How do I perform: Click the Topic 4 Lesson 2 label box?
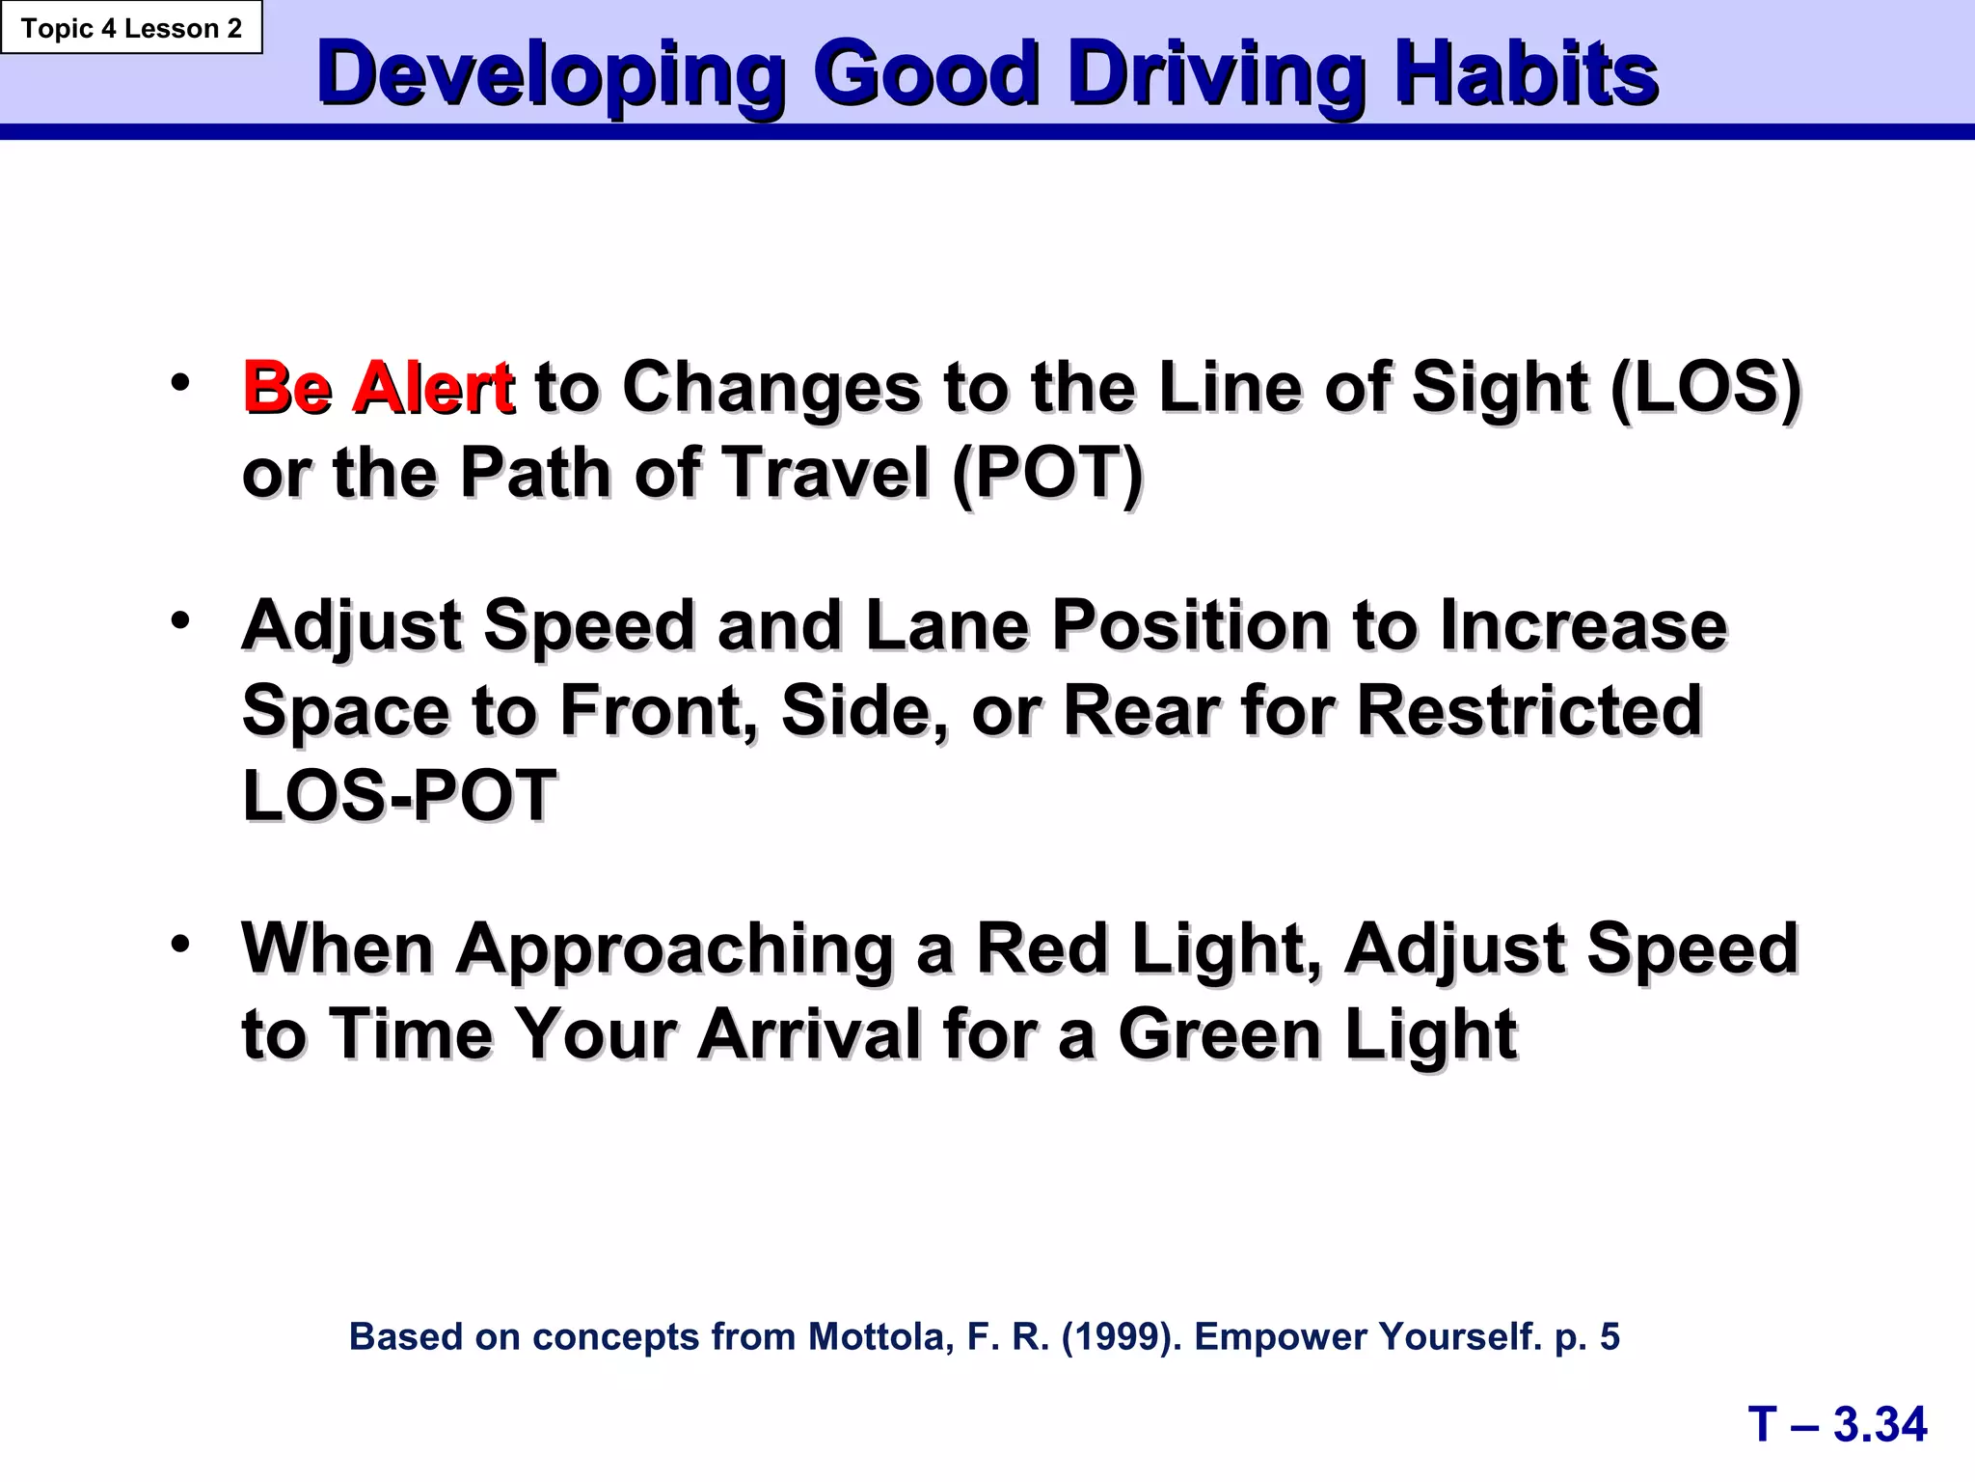click(x=131, y=28)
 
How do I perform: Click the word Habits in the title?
click(x=1526, y=75)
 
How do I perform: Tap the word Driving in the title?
click(x=1217, y=75)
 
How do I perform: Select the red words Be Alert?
click(x=377, y=388)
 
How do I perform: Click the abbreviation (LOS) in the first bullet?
click(x=1705, y=388)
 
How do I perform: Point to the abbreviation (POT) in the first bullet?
click(x=1047, y=474)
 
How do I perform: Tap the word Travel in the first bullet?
click(x=825, y=474)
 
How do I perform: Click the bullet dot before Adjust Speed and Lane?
click(x=180, y=620)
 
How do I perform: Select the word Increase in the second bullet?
click(x=1583, y=626)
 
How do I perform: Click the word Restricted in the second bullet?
click(x=1529, y=711)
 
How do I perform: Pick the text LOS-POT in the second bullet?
click(x=399, y=797)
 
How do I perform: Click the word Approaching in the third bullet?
click(x=674, y=950)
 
